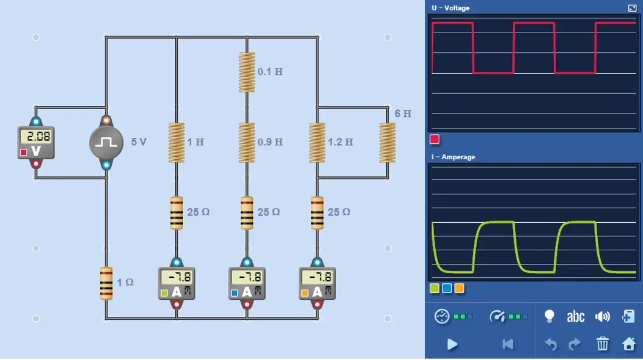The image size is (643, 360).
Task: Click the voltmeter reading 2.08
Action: coord(36,142)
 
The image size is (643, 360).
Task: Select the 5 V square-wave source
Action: coord(106,142)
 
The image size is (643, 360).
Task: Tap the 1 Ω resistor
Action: coord(106,283)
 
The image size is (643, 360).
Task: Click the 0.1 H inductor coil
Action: coord(247,72)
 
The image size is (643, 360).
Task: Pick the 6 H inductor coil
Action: coord(387,142)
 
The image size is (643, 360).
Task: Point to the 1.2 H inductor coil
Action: coord(317,142)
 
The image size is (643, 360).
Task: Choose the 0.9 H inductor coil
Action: coord(247,142)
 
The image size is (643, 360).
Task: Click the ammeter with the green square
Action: coord(177,283)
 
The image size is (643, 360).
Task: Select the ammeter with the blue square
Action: coord(247,283)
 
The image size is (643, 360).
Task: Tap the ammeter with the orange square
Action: coord(317,283)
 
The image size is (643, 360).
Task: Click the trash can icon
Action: coord(602,343)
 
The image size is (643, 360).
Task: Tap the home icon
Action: coord(629,343)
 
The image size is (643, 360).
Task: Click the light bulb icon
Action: coord(549,316)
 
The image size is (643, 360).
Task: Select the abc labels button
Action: coord(575,316)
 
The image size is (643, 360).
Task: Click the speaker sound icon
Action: coord(602,316)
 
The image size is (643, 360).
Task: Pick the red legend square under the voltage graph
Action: coord(434,139)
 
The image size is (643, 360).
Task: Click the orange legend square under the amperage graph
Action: coord(460,288)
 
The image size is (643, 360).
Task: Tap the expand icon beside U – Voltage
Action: coord(632,8)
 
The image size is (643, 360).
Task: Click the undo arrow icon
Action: coord(551,344)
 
